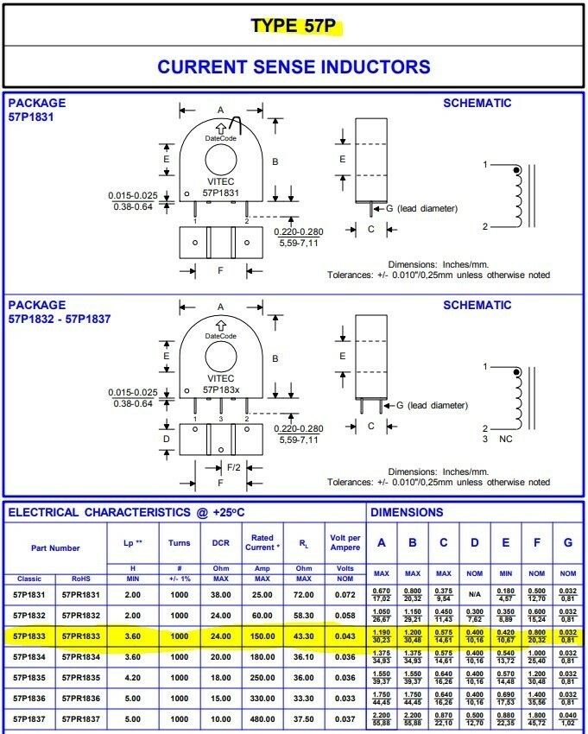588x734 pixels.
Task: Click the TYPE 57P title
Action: (x=293, y=26)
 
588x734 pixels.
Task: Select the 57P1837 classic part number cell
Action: (x=30, y=718)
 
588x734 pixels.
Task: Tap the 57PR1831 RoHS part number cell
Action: (x=80, y=594)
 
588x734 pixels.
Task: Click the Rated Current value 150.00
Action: (x=262, y=637)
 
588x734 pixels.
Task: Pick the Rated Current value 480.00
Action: (x=262, y=718)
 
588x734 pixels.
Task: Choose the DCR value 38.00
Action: (x=220, y=594)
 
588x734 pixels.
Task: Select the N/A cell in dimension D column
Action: (x=474, y=594)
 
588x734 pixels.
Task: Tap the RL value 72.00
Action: (x=303, y=594)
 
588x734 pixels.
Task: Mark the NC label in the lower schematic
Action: (x=506, y=439)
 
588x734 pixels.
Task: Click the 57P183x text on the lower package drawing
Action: (x=220, y=389)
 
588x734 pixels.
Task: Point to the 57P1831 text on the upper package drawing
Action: (x=220, y=193)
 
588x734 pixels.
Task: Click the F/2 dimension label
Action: (x=233, y=466)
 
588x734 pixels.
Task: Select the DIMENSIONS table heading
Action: (x=407, y=512)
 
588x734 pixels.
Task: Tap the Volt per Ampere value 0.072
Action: (x=345, y=594)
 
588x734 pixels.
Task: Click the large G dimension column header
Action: (x=567, y=543)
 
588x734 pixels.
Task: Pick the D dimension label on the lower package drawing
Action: (x=167, y=439)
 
